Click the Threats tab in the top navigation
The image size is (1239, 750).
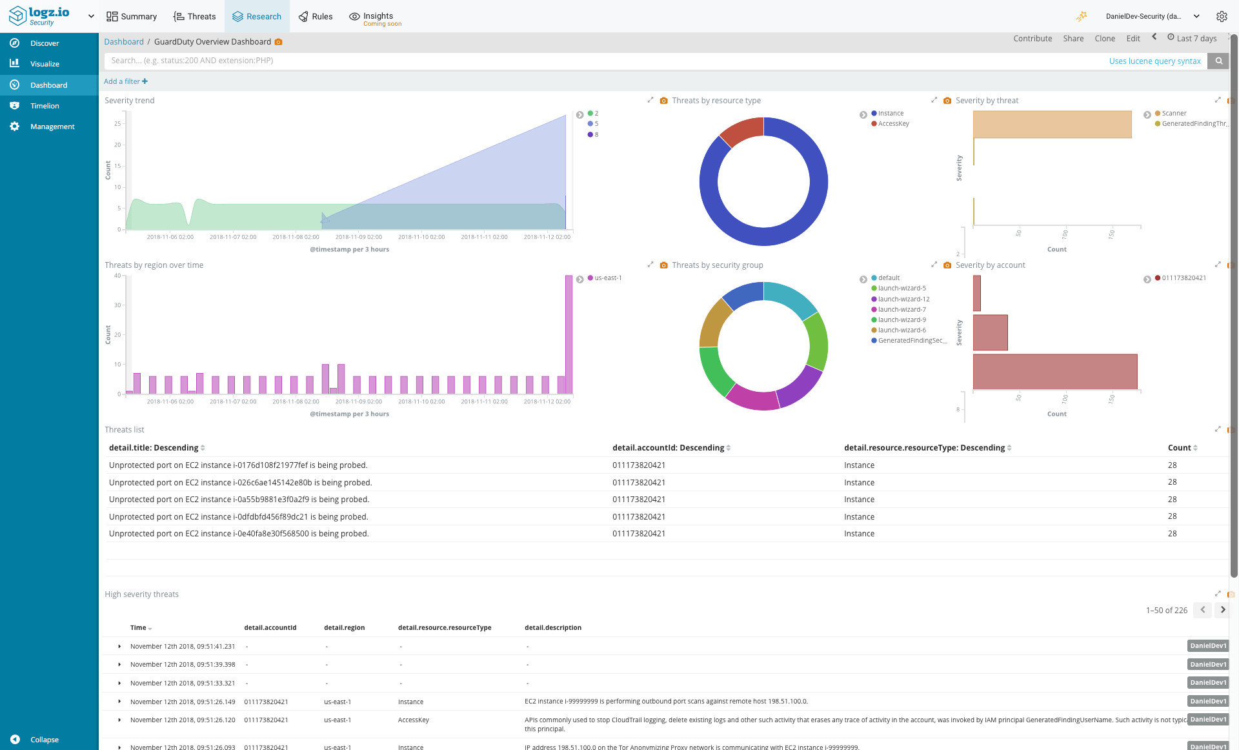coord(194,16)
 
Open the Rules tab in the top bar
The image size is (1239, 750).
coord(316,16)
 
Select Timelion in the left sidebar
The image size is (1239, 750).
coord(45,106)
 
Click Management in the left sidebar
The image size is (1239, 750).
coord(52,127)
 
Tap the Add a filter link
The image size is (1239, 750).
coord(125,81)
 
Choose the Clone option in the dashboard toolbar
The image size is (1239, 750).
coord(1104,39)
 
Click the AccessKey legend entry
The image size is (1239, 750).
coord(893,124)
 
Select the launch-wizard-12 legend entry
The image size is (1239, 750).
coord(903,299)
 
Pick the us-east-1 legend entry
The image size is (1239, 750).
coord(608,278)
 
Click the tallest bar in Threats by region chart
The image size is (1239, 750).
coord(569,334)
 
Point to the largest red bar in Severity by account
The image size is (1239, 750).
coord(1054,372)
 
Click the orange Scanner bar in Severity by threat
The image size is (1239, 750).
coord(1052,125)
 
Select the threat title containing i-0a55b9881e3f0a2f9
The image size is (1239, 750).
coord(239,500)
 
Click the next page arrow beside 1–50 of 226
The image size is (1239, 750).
coord(1222,610)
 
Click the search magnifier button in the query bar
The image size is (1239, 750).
coord(1218,61)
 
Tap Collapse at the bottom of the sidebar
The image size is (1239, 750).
coord(44,740)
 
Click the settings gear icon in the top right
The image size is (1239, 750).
coord(1221,16)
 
